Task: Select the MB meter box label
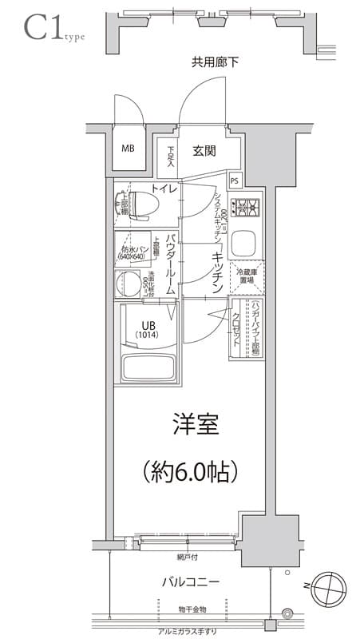coord(128,149)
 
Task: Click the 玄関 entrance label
coord(204,150)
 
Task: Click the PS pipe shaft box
coord(234,181)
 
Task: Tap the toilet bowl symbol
coord(143,204)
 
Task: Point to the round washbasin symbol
coord(128,283)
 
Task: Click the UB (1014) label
coord(147,330)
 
